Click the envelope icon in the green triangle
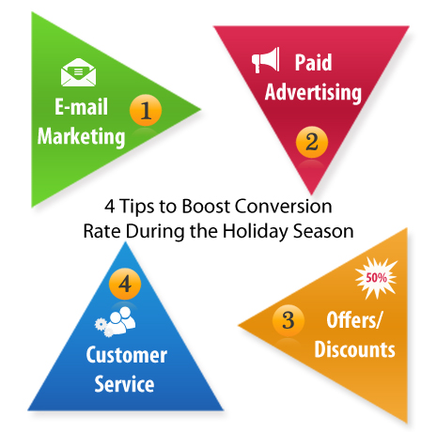point(78,72)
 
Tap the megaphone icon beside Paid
point(265,60)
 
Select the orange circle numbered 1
point(146,110)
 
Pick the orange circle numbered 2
point(312,142)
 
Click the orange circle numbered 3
point(289,320)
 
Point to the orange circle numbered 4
point(125,284)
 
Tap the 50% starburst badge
point(376,278)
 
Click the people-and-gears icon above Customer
point(116,321)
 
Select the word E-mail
point(82,107)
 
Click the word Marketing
point(81,136)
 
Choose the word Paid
point(313,63)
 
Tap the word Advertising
point(313,92)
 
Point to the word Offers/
point(354,320)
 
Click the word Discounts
point(354,349)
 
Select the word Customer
point(127,355)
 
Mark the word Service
point(124,384)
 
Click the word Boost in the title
point(206,207)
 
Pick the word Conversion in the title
point(283,207)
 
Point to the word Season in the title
point(323,232)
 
